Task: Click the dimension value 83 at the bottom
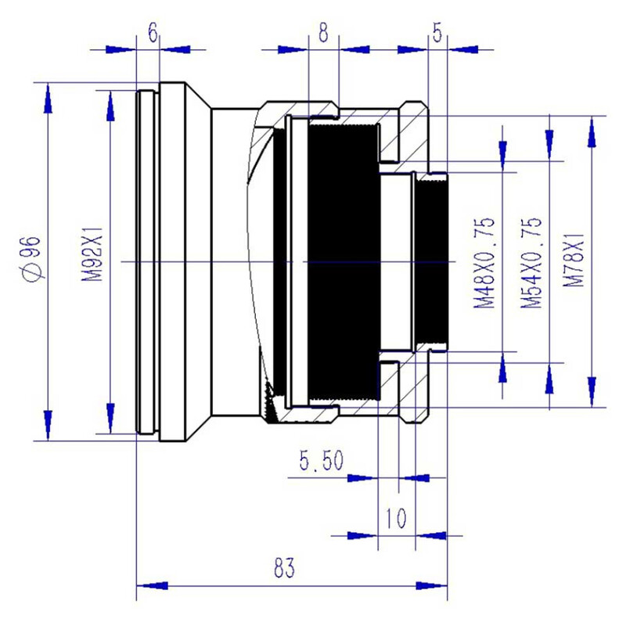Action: coord(285,569)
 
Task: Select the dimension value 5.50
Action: coord(320,461)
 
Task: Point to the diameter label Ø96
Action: coord(33,257)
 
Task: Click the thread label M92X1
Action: coord(92,257)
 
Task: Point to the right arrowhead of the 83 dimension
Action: coord(433,585)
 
